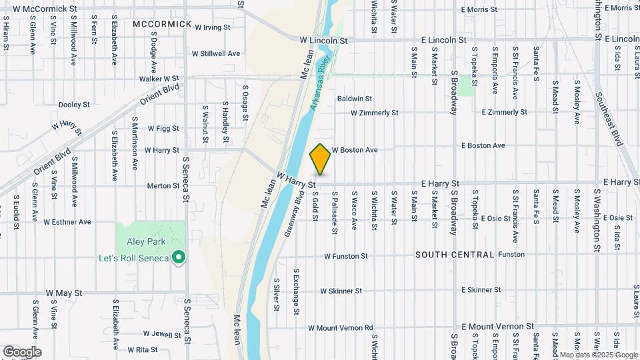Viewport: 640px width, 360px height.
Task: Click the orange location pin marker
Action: tap(320, 159)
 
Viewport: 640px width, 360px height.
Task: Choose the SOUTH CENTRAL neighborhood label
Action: tap(455, 255)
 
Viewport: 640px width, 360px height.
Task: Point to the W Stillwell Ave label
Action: tap(215, 53)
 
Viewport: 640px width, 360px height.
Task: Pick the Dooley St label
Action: tap(74, 105)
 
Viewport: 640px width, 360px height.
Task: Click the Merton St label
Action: tap(163, 186)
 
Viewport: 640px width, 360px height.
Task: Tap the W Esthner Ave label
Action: tap(67, 221)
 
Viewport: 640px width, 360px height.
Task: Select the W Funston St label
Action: tap(346, 256)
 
